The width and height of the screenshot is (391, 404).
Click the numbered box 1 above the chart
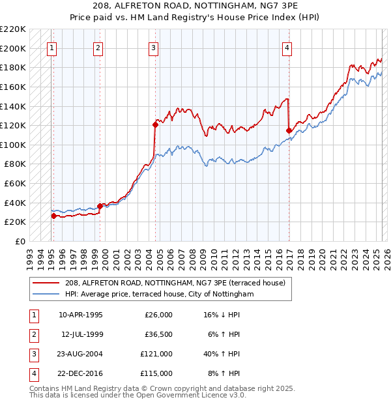[51, 47]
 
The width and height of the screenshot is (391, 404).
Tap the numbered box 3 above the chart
[153, 47]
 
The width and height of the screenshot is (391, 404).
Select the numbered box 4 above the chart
[287, 47]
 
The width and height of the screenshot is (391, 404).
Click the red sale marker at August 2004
[156, 124]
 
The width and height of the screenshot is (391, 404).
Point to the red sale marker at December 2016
[289, 130]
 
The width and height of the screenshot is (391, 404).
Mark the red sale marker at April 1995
[53, 216]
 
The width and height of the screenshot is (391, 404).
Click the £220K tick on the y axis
[13, 29]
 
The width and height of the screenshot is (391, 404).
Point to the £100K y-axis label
[13, 145]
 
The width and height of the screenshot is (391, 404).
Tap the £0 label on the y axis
[20, 241]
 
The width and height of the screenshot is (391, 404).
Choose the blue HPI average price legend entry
[159, 295]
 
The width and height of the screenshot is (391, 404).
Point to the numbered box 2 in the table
[32, 334]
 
